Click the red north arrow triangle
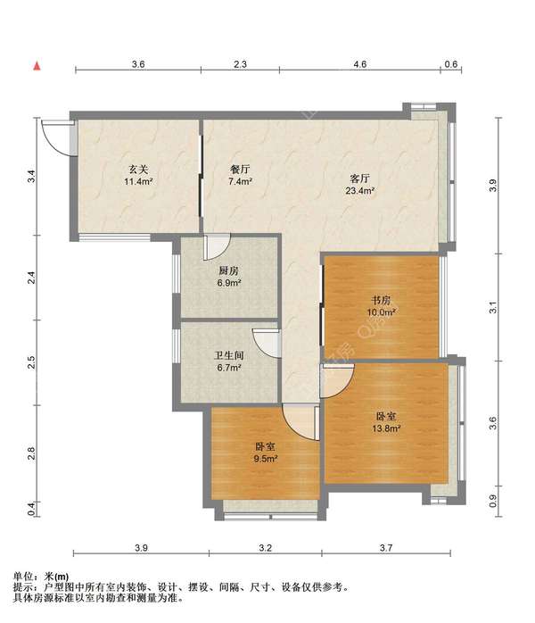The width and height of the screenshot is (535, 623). click(37, 66)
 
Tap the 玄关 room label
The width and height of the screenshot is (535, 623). click(138, 170)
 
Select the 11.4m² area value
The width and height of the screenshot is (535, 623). click(138, 182)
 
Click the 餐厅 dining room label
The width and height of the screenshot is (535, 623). click(240, 170)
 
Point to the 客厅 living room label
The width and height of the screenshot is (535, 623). click(360, 179)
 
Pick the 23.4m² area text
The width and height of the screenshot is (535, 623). click(360, 191)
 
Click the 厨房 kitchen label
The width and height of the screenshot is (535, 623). click(229, 271)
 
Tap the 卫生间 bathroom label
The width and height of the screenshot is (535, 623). click(229, 355)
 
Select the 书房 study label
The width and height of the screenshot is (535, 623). click(381, 300)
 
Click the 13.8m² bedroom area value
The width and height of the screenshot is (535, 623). click(386, 428)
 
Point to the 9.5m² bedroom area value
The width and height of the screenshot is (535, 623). click(266, 459)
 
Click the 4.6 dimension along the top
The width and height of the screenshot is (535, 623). click(359, 64)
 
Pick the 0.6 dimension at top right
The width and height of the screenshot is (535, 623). click(451, 64)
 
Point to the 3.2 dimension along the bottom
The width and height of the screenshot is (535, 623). click(265, 548)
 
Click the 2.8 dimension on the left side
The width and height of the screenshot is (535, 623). click(32, 453)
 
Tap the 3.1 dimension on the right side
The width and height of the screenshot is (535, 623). click(493, 308)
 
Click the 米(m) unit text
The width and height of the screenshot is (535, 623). click(56, 576)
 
